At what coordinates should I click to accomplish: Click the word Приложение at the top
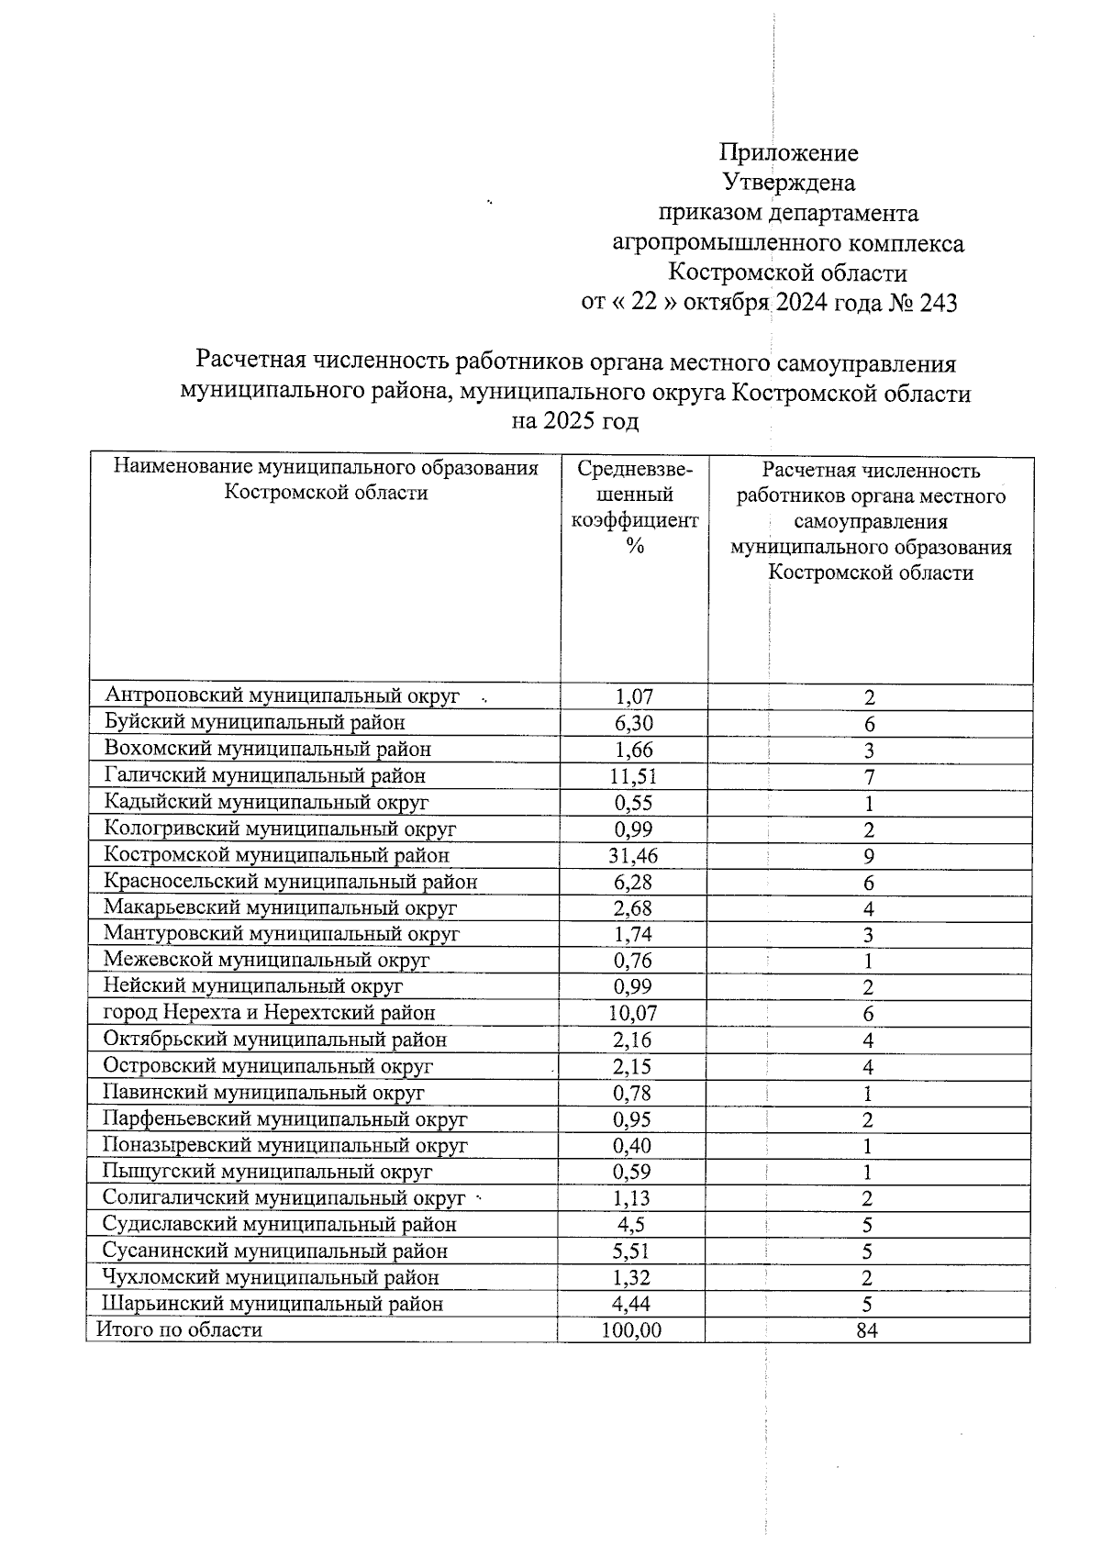click(789, 152)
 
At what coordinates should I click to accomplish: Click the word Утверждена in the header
click(789, 183)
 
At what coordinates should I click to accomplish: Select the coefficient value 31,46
click(634, 856)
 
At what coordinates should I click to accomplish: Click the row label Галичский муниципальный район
click(264, 776)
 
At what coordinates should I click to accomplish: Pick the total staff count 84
click(867, 1330)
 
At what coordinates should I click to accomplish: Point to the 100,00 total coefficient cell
click(631, 1330)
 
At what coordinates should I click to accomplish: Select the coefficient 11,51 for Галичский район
click(634, 776)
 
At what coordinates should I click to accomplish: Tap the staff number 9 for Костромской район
click(868, 857)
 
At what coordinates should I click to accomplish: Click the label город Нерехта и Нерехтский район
click(269, 1013)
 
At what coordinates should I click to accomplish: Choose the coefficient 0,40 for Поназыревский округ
click(632, 1146)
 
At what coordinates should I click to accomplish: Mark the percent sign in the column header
click(634, 546)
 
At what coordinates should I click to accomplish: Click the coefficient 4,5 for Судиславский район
click(632, 1225)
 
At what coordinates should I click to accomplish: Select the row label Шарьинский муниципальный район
click(272, 1304)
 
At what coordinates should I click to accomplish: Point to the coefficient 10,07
click(633, 1014)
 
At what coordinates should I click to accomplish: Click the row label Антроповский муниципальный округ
click(282, 696)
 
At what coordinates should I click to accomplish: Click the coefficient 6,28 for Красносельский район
click(633, 883)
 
